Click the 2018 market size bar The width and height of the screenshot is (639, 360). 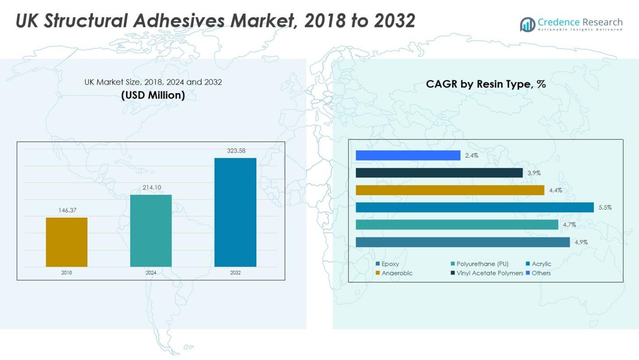[67, 242]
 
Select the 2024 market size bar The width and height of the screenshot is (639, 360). [151, 231]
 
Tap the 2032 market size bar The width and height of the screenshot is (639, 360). [235, 212]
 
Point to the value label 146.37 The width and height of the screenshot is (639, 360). [67, 210]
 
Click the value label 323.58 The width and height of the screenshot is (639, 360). [236, 151]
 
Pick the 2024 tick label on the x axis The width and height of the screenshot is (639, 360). [151, 273]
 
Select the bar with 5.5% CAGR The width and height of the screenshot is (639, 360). [474, 207]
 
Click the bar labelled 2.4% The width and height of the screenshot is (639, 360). [408, 155]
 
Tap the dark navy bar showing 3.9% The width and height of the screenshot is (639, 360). [439, 173]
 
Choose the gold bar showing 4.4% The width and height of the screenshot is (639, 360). [450, 190]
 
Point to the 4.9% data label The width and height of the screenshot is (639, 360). [581, 242]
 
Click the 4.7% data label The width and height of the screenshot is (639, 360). [569, 225]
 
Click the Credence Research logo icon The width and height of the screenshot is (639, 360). [528, 24]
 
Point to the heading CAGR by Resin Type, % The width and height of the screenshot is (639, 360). [486, 84]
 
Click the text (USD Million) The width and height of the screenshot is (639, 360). [153, 95]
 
